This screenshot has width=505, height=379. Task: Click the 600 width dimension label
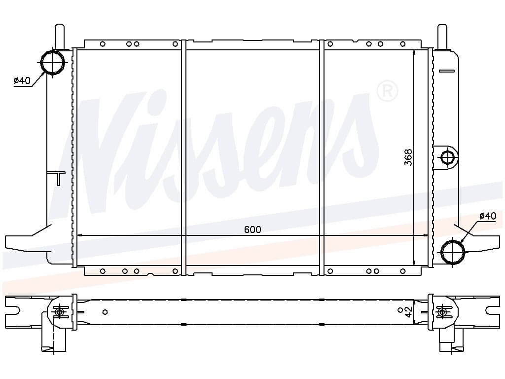point(252,229)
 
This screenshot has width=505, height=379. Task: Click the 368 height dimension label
point(408,157)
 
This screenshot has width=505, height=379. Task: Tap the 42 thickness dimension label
point(408,312)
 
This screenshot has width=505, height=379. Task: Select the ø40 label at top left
point(22,80)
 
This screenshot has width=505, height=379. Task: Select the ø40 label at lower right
point(488,216)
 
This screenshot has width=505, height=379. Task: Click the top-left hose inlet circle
point(52,62)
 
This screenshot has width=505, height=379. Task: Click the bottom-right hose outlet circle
point(453,252)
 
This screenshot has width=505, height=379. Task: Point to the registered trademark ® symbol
point(387,91)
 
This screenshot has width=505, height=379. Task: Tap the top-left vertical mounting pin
point(60,37)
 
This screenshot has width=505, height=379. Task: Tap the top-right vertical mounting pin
point(442,37)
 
